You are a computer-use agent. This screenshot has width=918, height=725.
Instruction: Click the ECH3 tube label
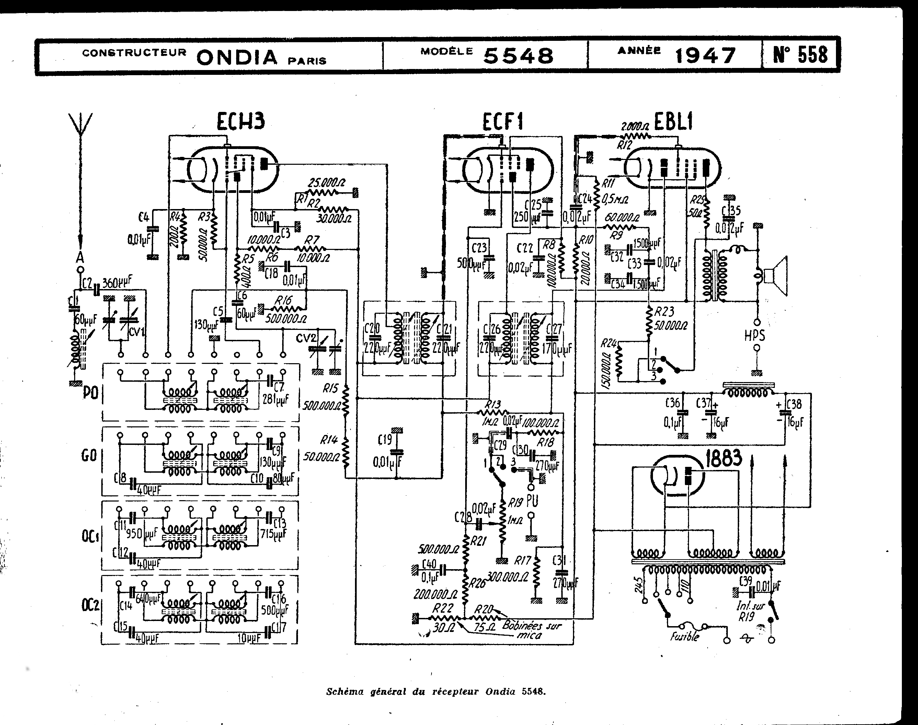pyautogui.click(x=241, y=122)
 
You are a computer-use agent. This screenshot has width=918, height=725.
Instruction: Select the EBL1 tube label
pyautogui.click(x=674, y=122)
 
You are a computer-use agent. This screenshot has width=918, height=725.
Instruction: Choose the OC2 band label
pyautogui.click(x=90, y=605)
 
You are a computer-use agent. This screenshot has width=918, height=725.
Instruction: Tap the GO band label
pyautogui.click(x=90, y=456)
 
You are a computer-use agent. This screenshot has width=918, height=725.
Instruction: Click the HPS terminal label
pyautogui.click(x=755, y=335)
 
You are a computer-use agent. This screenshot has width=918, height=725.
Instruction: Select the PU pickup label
pyautogui.click(x=531, y=501)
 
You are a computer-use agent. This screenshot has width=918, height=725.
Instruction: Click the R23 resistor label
pyautogui.click(x=664, y=312)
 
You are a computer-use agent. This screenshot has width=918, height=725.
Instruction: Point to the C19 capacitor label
pyautogui.click(x=385, y=440)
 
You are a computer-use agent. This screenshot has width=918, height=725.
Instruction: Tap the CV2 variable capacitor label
pyautogui.click(x=307, y=338)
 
